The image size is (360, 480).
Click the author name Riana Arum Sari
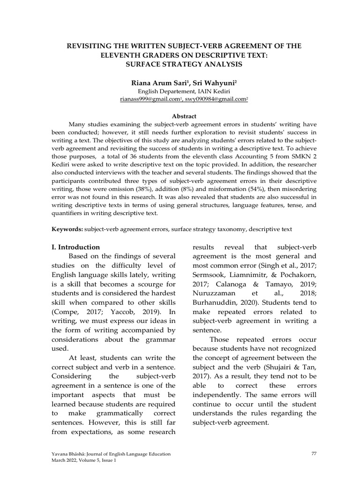(157, 82)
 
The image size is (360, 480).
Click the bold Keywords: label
(67, 229)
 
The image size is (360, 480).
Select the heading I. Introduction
(75, 247)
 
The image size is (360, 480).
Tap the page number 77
(314, 454)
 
